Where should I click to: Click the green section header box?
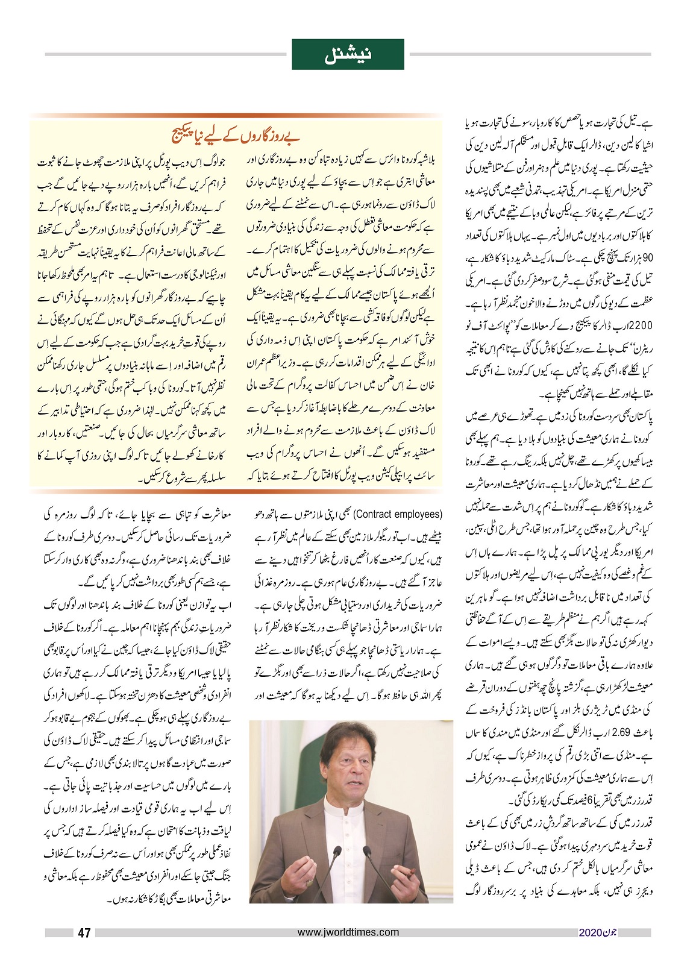coord(348,54)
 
